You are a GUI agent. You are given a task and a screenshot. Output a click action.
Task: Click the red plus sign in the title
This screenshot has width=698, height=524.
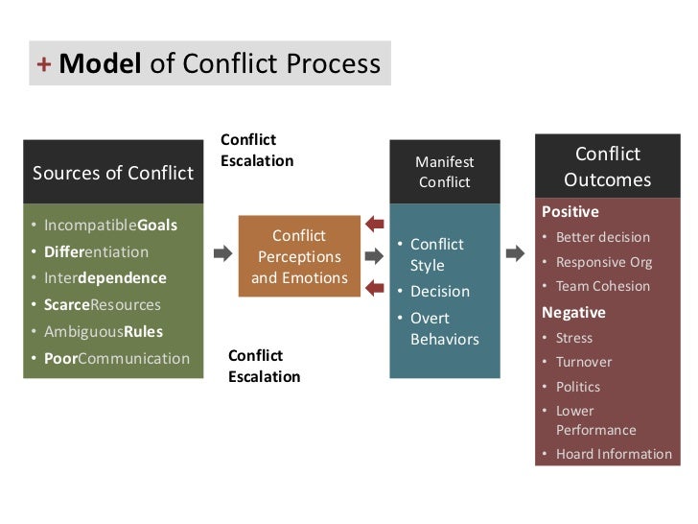click(x=43, y=64)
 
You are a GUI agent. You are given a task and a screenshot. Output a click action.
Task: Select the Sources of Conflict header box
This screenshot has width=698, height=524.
click(x=113, y=173)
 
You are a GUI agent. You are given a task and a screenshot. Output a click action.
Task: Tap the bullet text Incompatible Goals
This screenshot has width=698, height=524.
click(x=110, y=226)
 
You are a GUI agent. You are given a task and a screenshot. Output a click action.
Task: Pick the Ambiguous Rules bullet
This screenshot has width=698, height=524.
click(x=103, y=332)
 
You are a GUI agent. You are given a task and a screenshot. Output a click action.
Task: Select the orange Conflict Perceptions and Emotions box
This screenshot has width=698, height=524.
click(x=299, y=256)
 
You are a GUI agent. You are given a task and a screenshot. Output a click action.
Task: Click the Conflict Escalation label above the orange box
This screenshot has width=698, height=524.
click(x=257, y=151)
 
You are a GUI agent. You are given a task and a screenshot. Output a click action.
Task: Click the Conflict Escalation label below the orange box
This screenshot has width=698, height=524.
click(x=264, y=366)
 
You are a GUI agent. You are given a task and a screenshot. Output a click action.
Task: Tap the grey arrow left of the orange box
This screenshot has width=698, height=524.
click(x=222, y=254)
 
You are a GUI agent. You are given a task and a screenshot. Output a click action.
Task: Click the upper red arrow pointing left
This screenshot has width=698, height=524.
click(x=376, y=225)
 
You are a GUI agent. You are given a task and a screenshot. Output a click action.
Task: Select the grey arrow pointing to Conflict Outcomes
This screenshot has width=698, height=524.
click(x=515, y=254)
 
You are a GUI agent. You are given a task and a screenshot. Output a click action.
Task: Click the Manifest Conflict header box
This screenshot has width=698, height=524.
click(x=444, y=172)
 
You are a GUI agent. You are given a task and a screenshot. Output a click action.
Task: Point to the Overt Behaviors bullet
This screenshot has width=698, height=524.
click(x=444, y=328)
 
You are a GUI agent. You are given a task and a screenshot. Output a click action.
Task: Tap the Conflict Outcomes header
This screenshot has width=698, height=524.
click(x=607, y=167)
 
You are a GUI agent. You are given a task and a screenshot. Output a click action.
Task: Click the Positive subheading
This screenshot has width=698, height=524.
click(x=570, y=212)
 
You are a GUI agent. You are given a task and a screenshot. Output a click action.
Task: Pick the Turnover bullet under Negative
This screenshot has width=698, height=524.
click(x=584, y=362)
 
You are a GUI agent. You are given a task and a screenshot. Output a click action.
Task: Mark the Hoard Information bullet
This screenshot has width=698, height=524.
click(x=614, y=454)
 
